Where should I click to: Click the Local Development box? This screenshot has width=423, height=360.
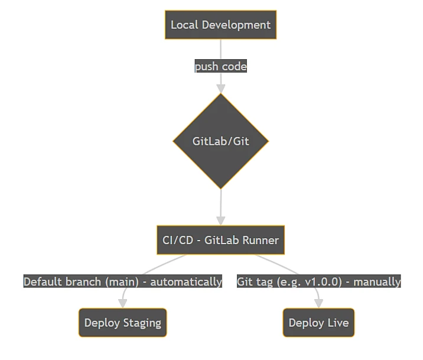pyautogui.click(x=220, y=25)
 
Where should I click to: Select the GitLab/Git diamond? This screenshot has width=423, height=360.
pyautogui.click(x=220, y=141)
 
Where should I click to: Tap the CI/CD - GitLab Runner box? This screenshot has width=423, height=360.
pyautogui.click(x=220, y=240)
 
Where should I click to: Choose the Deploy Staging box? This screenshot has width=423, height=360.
pyautogui.click(x=122, y=323)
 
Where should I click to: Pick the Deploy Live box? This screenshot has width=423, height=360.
pyautogui.click(x=318, y=323)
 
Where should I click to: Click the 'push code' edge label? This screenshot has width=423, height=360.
pyautogui.click(x=220, y=66)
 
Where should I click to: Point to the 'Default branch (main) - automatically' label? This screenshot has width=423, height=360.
pyautogui.click(x=122, y=281)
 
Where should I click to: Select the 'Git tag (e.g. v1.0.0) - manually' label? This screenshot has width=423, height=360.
pyautogui.click(x=318, y=281)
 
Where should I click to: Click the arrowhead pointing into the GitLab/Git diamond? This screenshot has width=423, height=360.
pyautogui.click(x=220, y=89)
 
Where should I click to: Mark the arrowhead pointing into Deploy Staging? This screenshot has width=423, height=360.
pyautogui.click(x=122, y=303)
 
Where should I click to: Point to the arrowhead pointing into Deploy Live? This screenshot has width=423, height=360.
pyautogui.click(x=318, y=303)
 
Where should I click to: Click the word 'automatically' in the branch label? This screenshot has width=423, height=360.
pyautogui.click(x=186, y=281)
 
